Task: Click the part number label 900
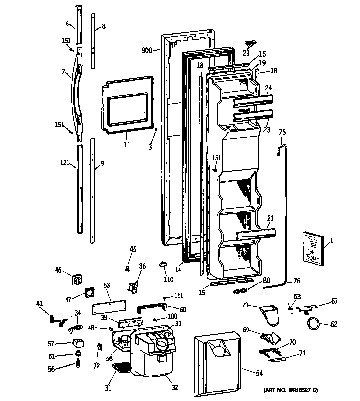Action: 147,50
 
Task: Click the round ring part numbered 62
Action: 313,324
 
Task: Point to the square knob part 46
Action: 76,280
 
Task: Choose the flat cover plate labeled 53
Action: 110,309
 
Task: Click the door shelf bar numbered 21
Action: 256,235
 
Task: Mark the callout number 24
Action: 268,88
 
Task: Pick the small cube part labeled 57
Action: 77,343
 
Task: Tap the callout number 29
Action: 246,53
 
